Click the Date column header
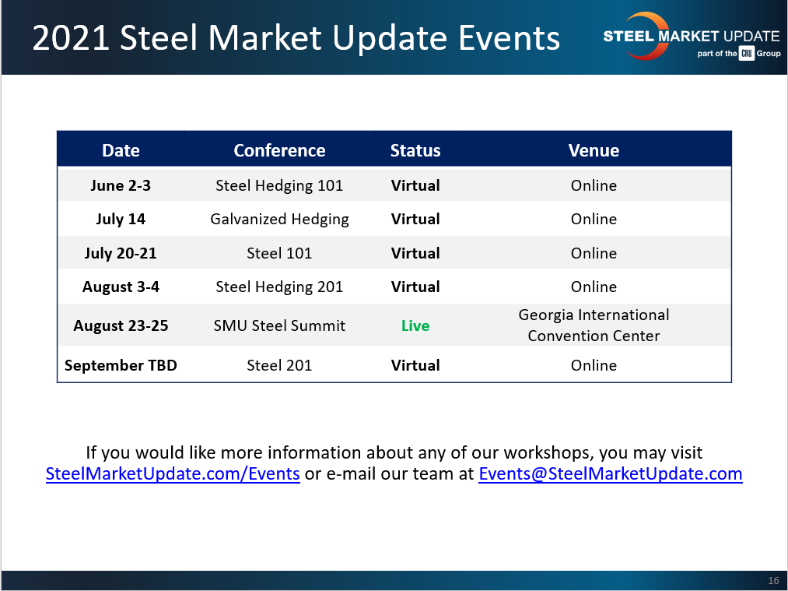click(121, 150)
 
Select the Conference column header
click(279, 150)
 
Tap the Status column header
click(415, 150)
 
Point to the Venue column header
click(594, 150)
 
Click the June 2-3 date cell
click(121, 185)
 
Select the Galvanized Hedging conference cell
click(279, 219)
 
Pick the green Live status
click(415, 325)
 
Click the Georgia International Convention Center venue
click(594, 325)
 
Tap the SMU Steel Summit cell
click(279, 325)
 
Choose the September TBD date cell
click(121, 365)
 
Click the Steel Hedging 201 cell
click(279, 287)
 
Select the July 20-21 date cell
click(121, 253)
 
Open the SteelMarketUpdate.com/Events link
click(173, 473)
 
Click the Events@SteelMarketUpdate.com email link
click(610, 473)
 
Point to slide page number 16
click(773, 581)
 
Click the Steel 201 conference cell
click(279, 365)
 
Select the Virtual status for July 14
click(415, 219)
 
